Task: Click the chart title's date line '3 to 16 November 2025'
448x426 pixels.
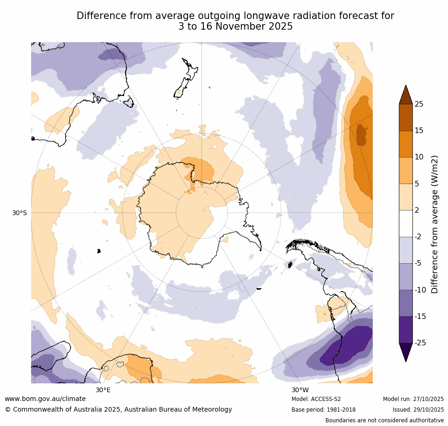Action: [235, 27]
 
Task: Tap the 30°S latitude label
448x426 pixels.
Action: [19, 213]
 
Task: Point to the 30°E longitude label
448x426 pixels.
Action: [103, 390]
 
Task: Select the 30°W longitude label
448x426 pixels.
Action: [300, 390]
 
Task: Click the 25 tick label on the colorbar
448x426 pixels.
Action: [419, 104]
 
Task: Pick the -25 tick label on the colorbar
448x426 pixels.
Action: [420, 343]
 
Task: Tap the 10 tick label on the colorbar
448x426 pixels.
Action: [419, 157]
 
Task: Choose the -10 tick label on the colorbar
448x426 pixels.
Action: [420, 290]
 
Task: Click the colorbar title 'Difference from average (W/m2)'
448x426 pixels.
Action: [435, 224]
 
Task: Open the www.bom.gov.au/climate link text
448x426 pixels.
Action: [45, 399]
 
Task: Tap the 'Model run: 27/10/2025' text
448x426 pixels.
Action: [413, 399]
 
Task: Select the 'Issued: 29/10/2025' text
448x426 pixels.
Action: [418, 410]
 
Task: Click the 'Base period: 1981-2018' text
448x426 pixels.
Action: [323, 410]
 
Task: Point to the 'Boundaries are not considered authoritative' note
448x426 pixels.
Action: [384, 420]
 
